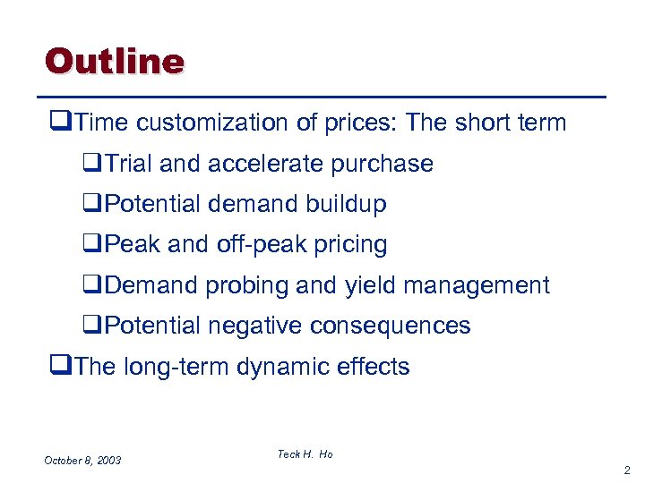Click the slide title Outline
coord(114,61)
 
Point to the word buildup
coord(344,204)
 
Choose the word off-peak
coord(254,244)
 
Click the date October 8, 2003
coord(82,460)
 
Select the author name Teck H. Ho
coord(305,454)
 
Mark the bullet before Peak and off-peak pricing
coord(88,245)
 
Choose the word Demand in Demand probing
coord(151,285)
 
